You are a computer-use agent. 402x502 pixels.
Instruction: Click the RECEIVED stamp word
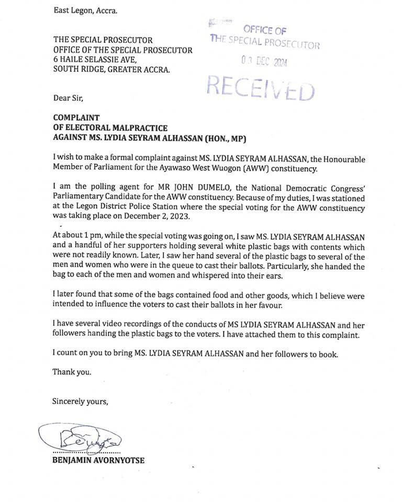(261, 87)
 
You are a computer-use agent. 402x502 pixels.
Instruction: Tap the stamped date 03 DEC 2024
(264, 62)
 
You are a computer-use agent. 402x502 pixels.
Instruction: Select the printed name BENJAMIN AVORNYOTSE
(98, 460)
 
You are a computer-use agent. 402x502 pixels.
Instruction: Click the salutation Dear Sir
(68, 98)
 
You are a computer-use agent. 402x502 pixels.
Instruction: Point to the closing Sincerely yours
(80, 402)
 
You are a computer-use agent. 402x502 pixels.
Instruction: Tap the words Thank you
(72, 372)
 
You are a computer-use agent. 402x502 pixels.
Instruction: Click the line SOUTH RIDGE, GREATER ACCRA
(111, 70)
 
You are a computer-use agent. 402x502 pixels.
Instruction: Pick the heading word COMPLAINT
(76, 118)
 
